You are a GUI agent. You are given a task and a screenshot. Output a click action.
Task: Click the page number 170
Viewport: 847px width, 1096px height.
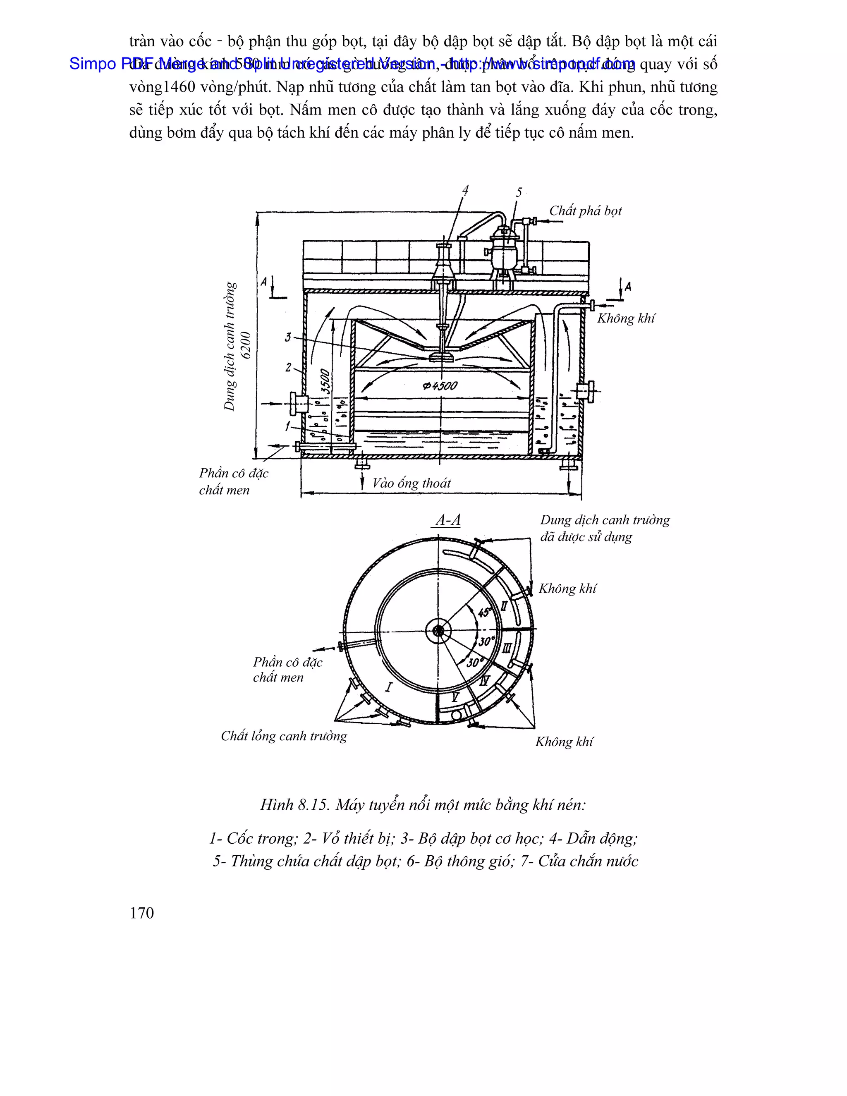tap(141, 913)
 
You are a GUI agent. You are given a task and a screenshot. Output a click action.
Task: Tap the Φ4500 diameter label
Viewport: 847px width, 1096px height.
tap(440, 385)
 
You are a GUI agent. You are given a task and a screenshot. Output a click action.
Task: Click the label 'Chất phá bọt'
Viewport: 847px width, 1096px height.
tap(585, 211)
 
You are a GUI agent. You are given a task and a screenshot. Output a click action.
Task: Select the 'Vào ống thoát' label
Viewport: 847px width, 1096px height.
tap(412, 483)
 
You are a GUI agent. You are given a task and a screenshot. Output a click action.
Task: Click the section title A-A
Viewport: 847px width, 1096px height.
tap(448, 520)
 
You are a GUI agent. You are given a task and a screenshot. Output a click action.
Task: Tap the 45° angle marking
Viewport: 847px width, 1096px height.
tap(484, 612)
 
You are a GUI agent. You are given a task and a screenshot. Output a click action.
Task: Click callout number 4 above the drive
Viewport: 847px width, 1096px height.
tap(465, 190)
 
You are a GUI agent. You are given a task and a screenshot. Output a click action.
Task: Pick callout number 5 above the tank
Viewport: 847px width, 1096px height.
tap(519, 192)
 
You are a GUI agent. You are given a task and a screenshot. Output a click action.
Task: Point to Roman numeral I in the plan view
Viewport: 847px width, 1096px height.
tap(389, 687)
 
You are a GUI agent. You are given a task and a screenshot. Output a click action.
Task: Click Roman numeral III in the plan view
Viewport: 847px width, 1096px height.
tap(508, 647)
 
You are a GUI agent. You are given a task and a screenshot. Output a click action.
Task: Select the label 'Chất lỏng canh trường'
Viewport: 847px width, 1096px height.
tap(284, 736)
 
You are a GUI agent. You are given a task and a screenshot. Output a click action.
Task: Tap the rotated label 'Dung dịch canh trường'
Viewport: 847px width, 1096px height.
tap(230, 346)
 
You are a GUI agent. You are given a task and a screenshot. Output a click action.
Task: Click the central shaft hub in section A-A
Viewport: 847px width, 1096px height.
tap(438, 631)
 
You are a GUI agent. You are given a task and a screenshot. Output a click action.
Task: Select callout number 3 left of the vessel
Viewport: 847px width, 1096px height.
tap(288, 337)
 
